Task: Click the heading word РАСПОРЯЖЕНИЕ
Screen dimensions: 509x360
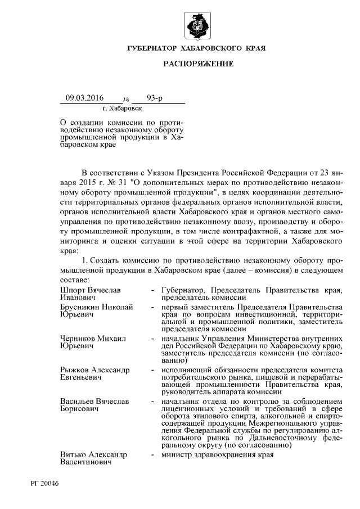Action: click(x=197, y=65)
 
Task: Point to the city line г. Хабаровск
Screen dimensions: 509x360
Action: click(x=123, y=108)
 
